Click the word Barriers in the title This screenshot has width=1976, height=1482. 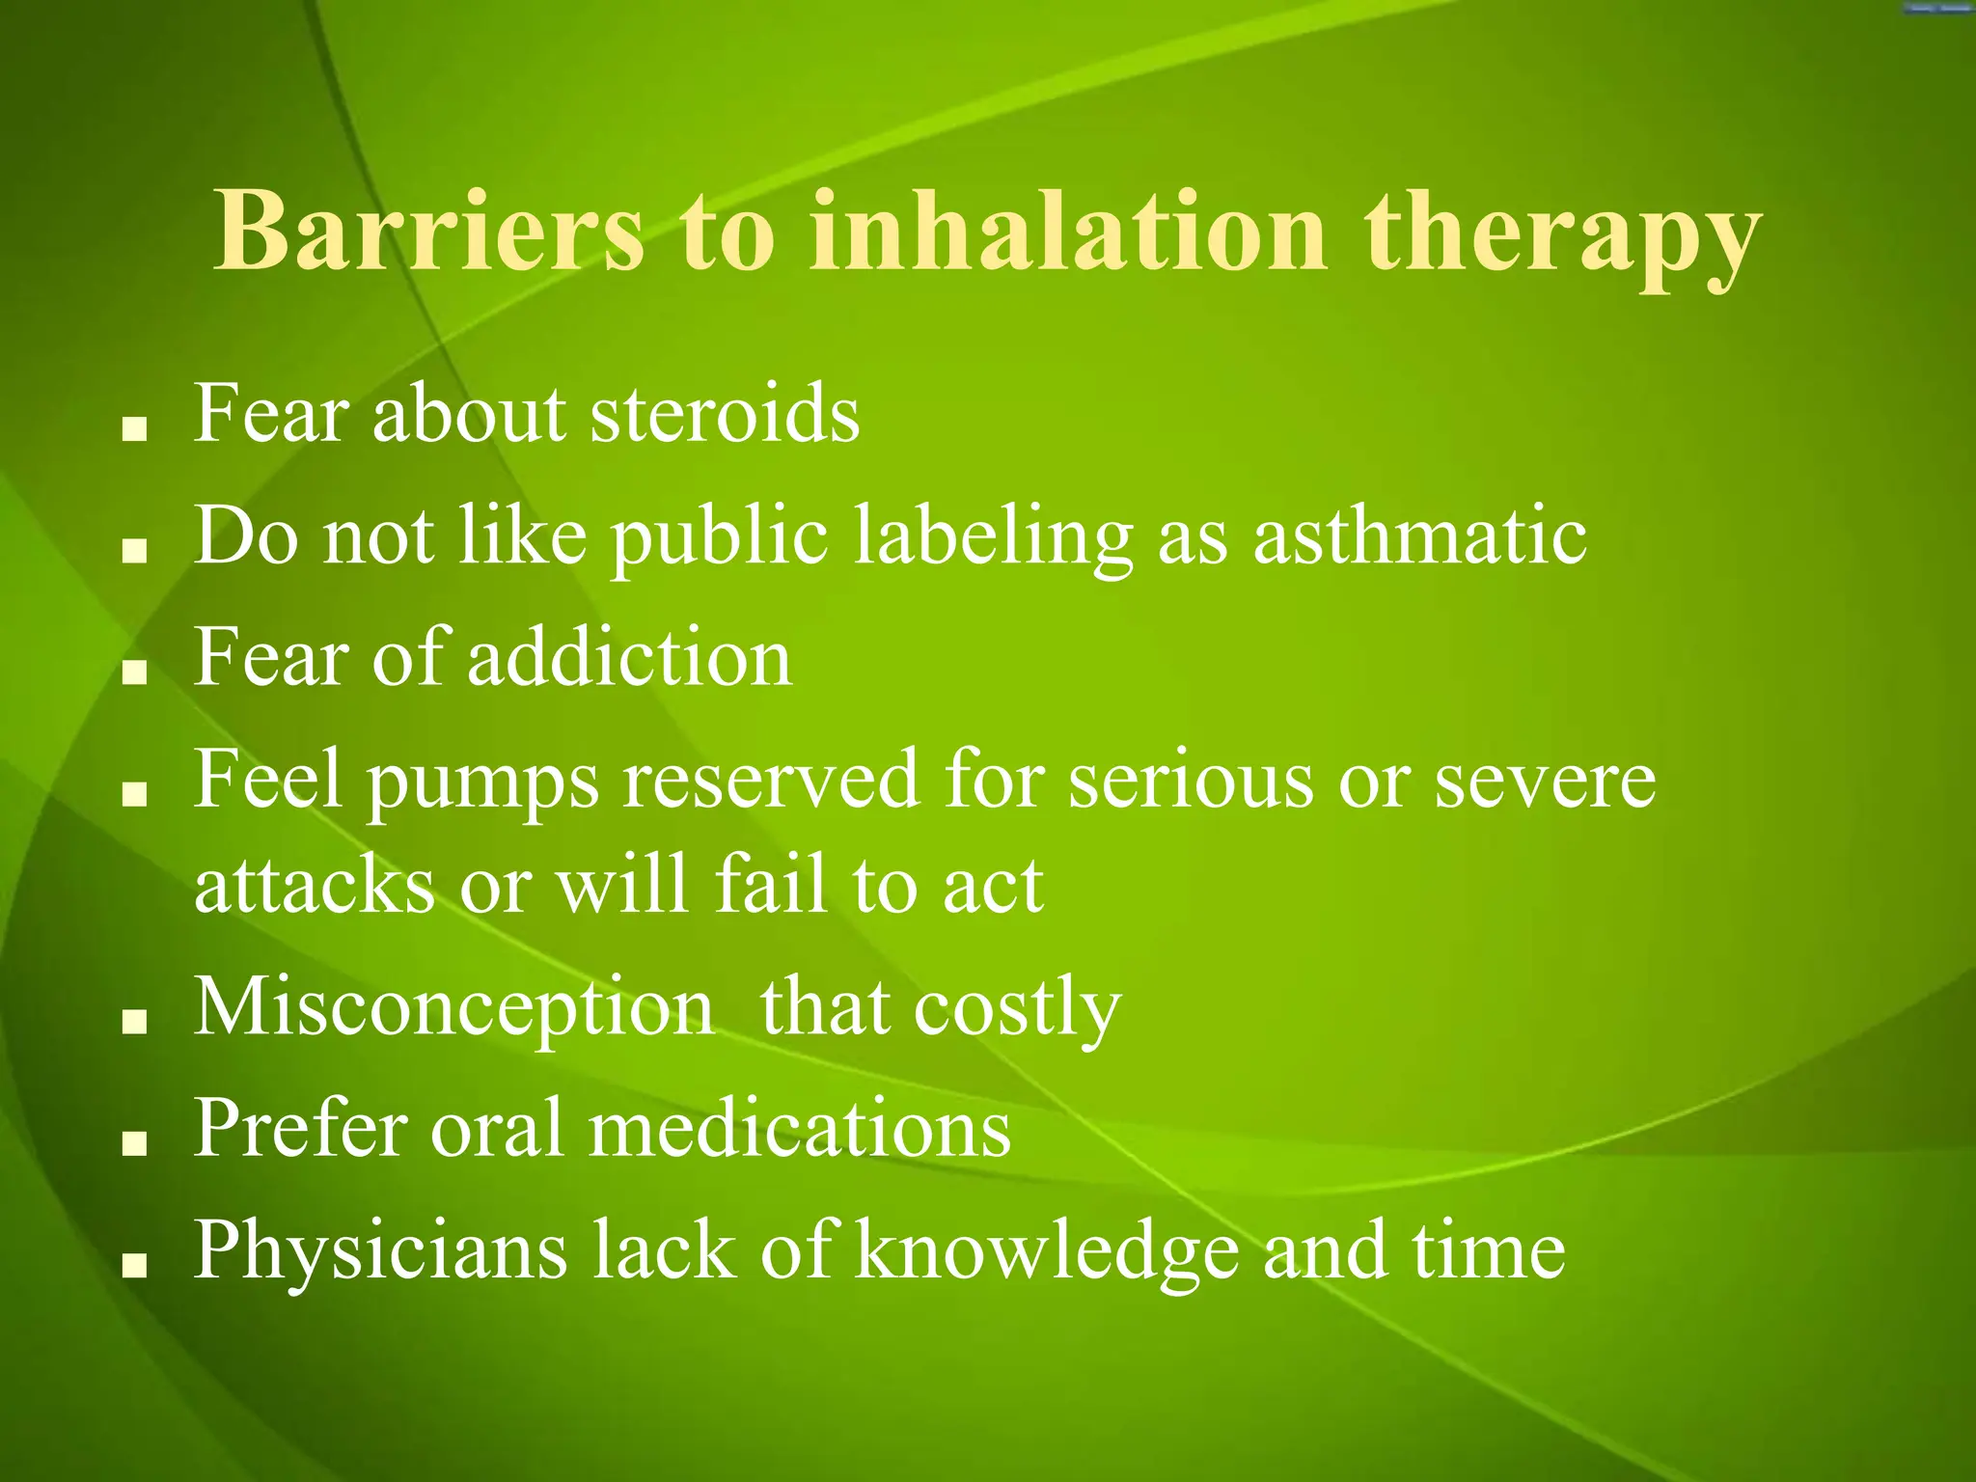point(428,232)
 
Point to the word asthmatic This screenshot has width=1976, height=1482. point(1419,536)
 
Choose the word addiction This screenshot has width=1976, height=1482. point(630,657)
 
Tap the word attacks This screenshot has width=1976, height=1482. point(315,886)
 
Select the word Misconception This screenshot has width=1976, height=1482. point(454,1009)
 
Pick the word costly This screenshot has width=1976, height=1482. point(1017,1009)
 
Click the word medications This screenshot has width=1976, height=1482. point(800,1129)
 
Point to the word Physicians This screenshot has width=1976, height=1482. point(380,1252)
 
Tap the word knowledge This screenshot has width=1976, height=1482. point(1046,1252)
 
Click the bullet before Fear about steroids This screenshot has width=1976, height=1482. point(134,429)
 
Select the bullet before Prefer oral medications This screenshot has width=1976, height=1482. point(134,1144)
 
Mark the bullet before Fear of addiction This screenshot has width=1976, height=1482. point(134,672)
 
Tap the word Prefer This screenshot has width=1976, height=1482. point(300,1129)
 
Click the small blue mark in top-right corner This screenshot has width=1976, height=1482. point(1936,8)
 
